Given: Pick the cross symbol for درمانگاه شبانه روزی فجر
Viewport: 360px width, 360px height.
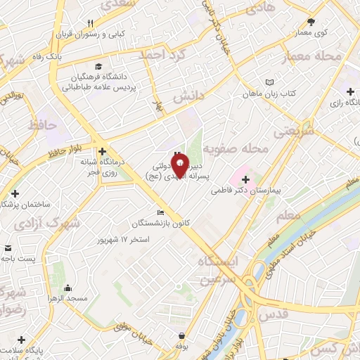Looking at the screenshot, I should pyautogui.click(x=103, y=151).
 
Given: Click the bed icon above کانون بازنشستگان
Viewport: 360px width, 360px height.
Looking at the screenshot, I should pyautogui.click(x=160, y=213).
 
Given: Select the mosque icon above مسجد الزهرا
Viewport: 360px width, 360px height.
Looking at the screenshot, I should pyautogui.click(x=67, y=288).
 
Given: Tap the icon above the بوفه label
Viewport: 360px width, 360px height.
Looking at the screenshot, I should pyautogui.click(x=182, y=335).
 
